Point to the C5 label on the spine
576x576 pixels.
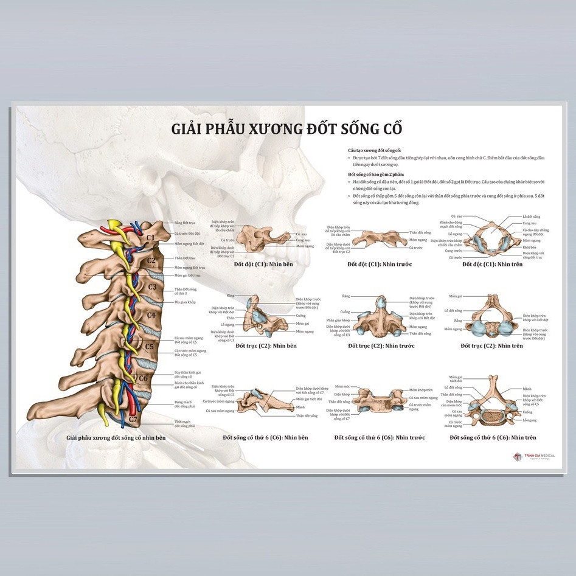pos(150,347)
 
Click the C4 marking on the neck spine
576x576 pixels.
pos(151,315)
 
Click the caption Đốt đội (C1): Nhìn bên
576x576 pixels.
pos(266,265)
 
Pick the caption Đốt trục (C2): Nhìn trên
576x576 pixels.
pos(491,345)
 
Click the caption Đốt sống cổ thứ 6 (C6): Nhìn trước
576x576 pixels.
pos(380,437)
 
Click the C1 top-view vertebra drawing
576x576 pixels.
pos(493,238)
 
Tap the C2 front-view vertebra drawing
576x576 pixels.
pos(380,317)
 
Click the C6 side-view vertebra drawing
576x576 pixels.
pos(268,402)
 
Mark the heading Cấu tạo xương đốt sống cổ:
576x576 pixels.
pos(374,150)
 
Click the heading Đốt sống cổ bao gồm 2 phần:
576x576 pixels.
pos(376,175)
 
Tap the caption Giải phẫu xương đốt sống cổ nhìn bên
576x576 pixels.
pos(116,437)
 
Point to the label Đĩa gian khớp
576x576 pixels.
pos(186,302)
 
